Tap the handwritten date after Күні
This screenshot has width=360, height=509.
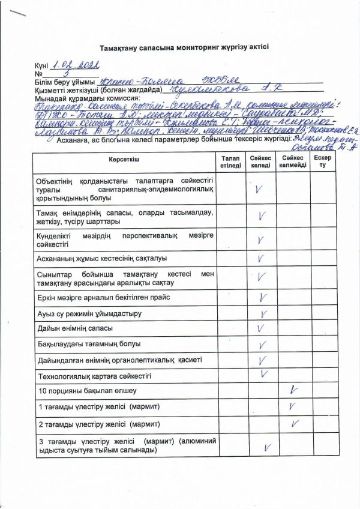coord(74,65)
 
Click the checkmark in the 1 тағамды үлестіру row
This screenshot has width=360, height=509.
coord(293,407)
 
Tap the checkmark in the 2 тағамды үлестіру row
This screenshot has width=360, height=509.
coord(295,424)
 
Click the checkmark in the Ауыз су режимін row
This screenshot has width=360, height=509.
coord(262,313)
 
